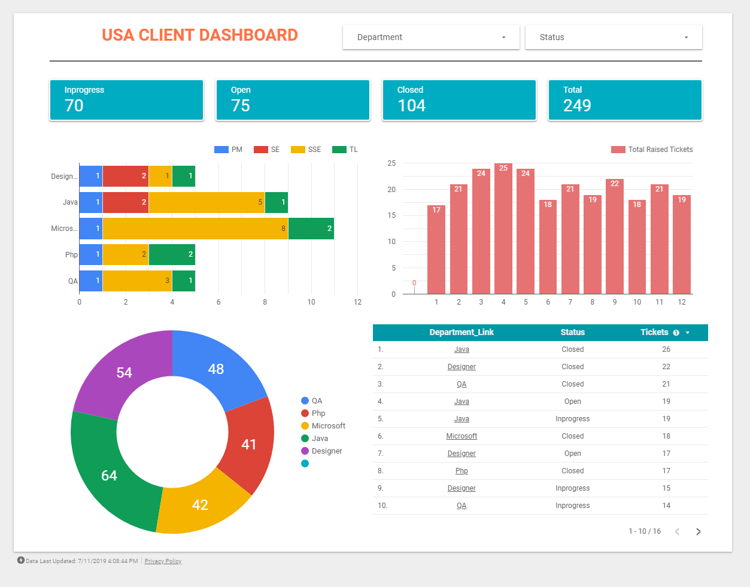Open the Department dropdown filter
point(431,37)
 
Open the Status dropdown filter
point(613,37)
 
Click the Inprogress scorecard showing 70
point(126,100)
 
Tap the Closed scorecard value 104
point(412,106)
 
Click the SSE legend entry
point(306,150)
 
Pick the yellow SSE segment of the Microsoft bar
point(195,229)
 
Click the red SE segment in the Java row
point(125,202)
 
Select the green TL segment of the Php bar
point(172,254)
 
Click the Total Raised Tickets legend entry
point(652,150)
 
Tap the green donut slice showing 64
point(111,473)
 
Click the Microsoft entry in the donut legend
point(328,426)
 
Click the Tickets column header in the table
point(654,332)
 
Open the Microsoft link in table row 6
point(461,436)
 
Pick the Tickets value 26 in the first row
point(666,349)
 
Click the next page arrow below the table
point(698,531)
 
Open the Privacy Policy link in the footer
point(163,561)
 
